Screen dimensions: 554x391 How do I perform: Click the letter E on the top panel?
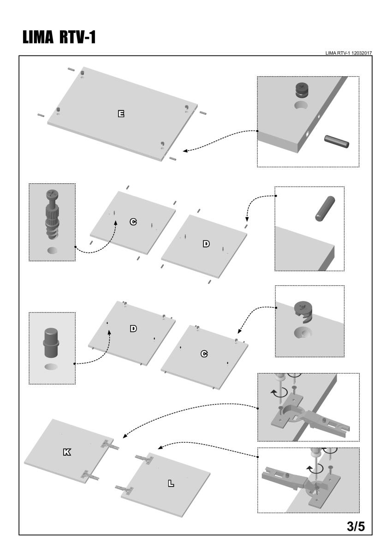(121, 113)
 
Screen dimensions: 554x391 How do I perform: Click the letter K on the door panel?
(67, 452)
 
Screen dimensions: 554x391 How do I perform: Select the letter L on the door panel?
(171, 483)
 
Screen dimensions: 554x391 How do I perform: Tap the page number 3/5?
(355, 526)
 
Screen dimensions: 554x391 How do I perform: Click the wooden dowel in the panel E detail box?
(337, 143)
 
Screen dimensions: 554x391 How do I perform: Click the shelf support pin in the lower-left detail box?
(52, 343)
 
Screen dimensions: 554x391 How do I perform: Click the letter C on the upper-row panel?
(133, 222)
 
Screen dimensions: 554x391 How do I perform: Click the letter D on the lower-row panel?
(133, 329)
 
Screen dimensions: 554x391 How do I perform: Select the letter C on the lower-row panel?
(204, 354)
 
